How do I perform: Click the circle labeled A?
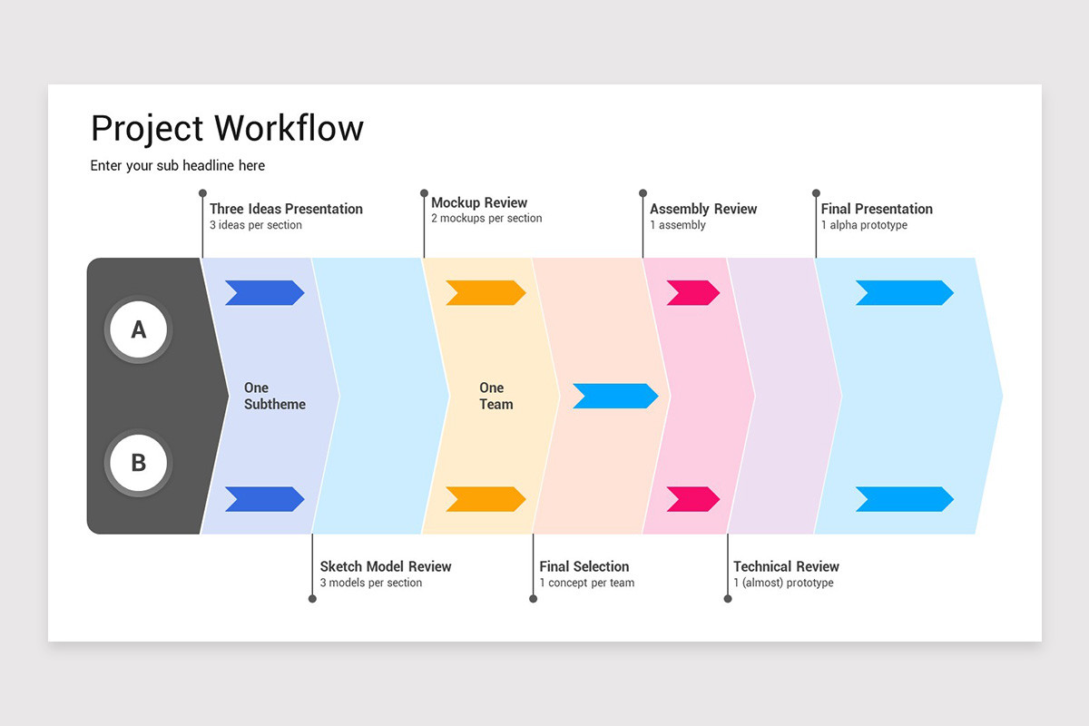click(138, 329)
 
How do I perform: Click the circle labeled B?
click(138, 463)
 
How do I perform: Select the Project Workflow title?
click(227, 128)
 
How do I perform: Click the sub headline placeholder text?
click(177, 165)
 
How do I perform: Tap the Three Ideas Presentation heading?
click(286, 209)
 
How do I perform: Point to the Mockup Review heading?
click(478, 202)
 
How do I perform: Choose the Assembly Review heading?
click(702, 209)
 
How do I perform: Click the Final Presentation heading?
click(876, 209)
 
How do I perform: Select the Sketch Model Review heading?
click(385, 566)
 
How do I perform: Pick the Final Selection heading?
click(584, 566)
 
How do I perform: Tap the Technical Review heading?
click(786, 566)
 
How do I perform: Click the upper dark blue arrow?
click(264, 292)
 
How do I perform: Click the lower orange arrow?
click(485, 499)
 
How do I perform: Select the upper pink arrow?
click(692, 292)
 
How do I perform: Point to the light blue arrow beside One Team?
click(614, 396)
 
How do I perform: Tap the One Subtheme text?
click(274, 396)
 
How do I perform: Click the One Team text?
click(495, 396)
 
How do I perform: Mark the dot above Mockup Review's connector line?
click(424, 193)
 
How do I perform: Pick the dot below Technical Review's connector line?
click(728, 599)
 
